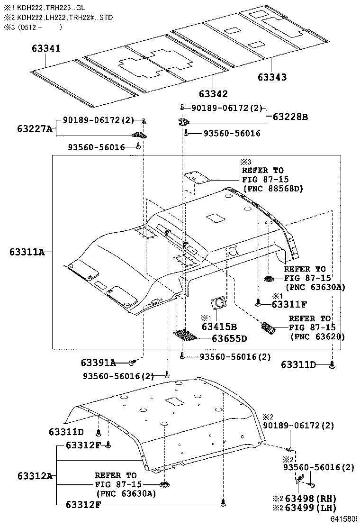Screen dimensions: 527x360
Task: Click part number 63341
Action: tap(46, 48)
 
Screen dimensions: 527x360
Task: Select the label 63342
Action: tap(213, 94)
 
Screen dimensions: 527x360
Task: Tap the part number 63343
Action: tap(272, 77)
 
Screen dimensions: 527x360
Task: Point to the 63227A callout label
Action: tap(35, 128)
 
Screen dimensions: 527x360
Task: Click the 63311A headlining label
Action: tap(27, 252)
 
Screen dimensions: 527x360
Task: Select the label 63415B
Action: tap(219, 326)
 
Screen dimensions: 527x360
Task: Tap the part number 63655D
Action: tap(229, 338)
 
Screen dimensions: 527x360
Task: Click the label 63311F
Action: tap(289, 304)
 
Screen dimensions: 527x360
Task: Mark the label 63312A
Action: tap(35, 475)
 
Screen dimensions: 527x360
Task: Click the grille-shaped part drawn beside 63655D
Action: tap(186, 336)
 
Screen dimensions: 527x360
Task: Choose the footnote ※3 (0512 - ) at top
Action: tap(33, 27)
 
